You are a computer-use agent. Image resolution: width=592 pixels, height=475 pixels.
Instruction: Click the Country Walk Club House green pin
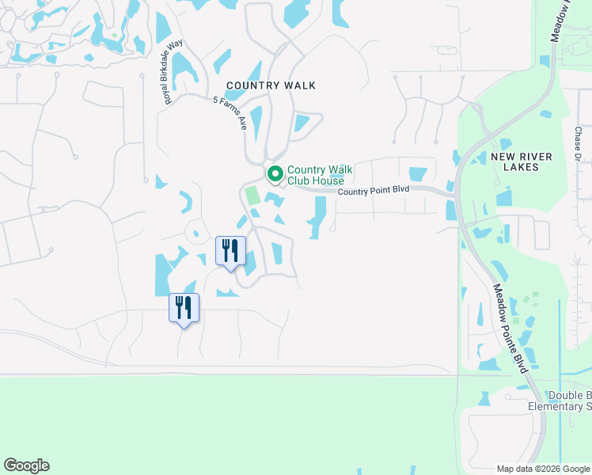point(275,173)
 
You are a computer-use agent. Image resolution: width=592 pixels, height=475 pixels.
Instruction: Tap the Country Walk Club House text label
point(320,175)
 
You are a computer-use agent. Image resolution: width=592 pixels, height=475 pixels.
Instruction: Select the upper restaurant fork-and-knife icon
point(230,251)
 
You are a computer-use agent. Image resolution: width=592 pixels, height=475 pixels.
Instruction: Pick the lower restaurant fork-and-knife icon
point(184,308)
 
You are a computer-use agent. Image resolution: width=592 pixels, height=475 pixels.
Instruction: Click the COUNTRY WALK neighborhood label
point(271,85)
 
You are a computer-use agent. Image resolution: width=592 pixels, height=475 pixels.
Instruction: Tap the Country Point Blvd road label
point(373,191)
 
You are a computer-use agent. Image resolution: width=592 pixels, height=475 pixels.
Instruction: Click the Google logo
point(26,465)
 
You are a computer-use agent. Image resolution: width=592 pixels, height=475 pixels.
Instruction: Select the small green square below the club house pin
point(252,195)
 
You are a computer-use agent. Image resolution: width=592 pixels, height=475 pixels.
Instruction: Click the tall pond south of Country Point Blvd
point(320,215)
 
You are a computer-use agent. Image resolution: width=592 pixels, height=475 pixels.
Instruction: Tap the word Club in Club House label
point(299,180)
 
